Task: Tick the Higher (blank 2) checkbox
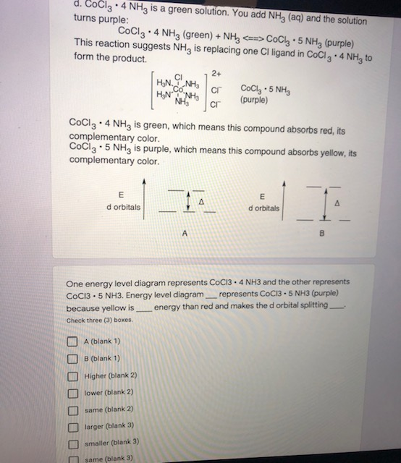point(72,375)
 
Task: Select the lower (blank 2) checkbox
point(72,392)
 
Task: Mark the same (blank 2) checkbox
point(72,409)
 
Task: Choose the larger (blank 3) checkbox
point(72,425)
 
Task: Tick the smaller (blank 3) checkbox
point(72,442)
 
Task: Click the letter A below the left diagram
point(185,234)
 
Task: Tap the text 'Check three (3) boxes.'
point(100,320)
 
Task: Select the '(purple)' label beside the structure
point(254,99)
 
